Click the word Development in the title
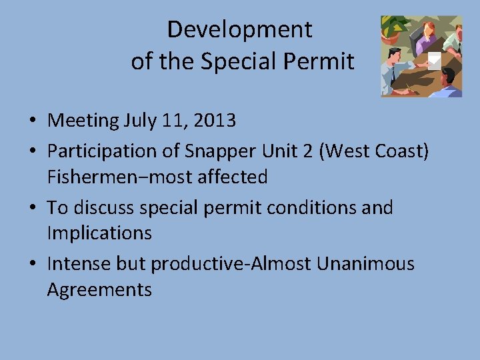[239, 29]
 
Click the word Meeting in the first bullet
[83, 121]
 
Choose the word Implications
[99, 233]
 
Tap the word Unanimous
[365, 264]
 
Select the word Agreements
[99, 290]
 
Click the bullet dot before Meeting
[32, 121]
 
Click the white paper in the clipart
[434, 60]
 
